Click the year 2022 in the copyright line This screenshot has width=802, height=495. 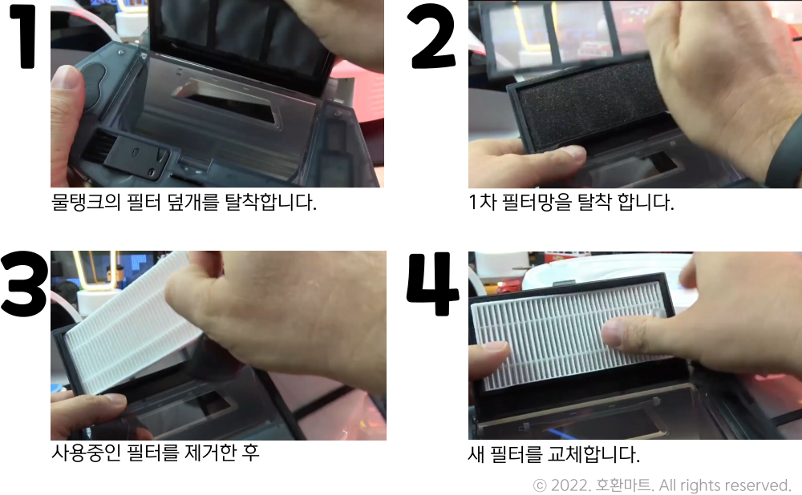coord(568,485)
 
